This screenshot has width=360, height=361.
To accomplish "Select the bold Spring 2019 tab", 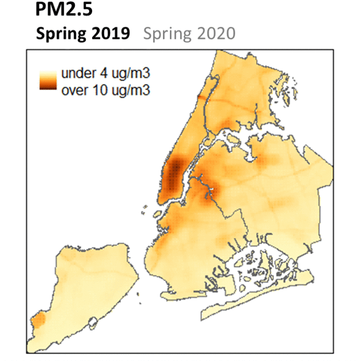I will click(x=83, y=34).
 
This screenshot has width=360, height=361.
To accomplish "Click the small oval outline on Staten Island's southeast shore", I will click(x=93, y=322).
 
